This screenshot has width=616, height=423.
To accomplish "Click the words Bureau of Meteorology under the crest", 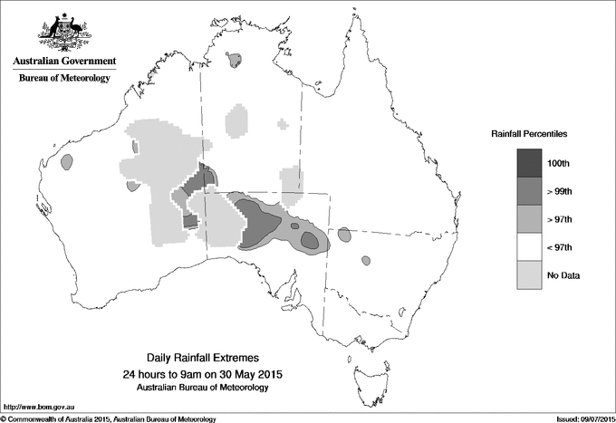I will point(63,78).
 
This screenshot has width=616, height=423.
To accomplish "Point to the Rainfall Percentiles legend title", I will point(529,134).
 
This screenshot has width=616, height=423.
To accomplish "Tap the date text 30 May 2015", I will point(245,374).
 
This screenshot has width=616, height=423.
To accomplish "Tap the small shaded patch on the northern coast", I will point(236,61).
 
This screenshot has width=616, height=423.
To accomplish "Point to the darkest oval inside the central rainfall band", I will point(310,240).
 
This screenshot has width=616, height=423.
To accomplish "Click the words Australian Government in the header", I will point(63,62).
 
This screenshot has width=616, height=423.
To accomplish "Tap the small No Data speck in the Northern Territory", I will point(284,123).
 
